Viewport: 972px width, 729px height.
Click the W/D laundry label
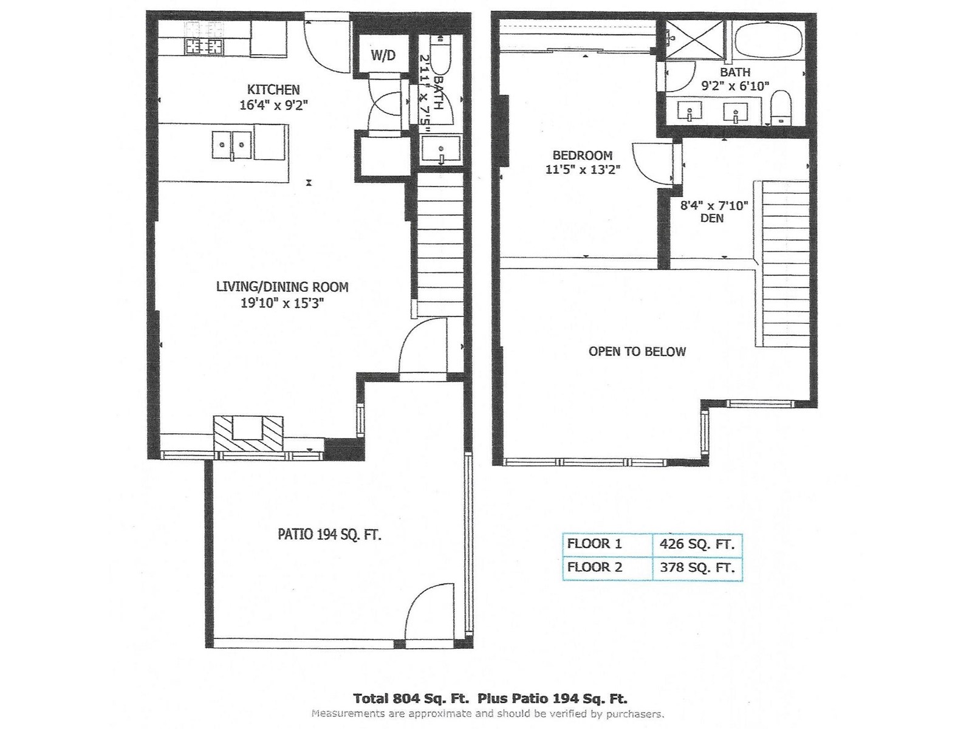point(383,55)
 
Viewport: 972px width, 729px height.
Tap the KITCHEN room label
point(273,90)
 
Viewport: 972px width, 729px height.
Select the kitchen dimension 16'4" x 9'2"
point(273,105)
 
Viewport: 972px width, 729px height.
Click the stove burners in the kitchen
point(204,45)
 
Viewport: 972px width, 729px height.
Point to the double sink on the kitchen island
point(231,145)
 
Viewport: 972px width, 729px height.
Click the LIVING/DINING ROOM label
point(282,287)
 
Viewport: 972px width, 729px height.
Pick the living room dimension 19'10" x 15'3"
point(282,303)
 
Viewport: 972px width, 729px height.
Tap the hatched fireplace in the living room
point(248,434)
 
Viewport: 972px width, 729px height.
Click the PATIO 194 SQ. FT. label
point(329,535)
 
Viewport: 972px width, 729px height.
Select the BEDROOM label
point(583,156)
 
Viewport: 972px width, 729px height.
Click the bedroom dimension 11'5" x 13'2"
point(583,169)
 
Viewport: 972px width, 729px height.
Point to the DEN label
point(712,218)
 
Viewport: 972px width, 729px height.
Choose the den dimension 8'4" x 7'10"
point(714,205)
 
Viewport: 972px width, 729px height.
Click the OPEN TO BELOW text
point(637,352)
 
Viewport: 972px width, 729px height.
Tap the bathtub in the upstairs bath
point(767,40)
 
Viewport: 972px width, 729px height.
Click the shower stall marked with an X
point(695,39)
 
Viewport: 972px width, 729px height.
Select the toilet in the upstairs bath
point(780,108)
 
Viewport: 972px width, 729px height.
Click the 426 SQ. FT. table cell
point(697,544)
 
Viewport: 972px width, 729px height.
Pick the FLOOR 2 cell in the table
point(594,567)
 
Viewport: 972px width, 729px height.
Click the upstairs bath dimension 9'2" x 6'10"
point(734,86)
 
